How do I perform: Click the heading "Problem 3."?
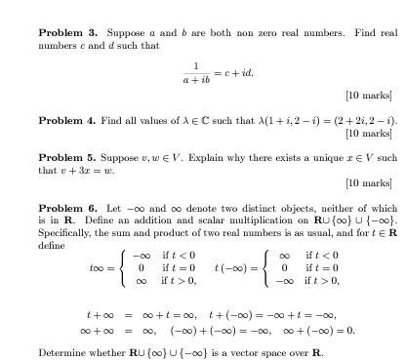coord(68,33)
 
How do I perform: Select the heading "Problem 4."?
coord(68,120)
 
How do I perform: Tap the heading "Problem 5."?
coord(68,157)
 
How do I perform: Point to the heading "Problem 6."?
coord(68,208)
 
